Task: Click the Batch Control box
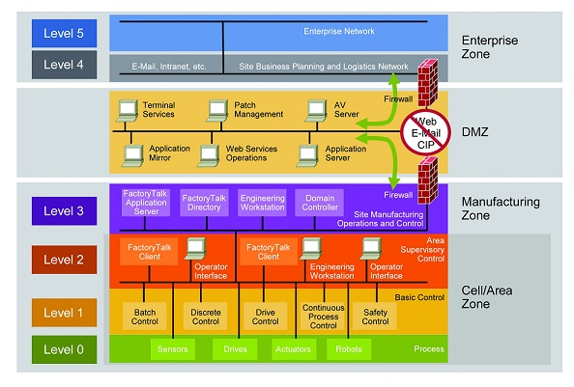[146, 316]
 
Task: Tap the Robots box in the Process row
[350, 347]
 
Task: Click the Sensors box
[171, 347]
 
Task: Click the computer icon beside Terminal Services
[127, 108]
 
